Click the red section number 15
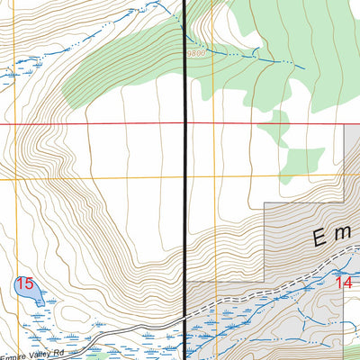24,283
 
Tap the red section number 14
343,282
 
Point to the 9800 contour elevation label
197,54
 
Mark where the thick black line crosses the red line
186,123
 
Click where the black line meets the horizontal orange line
186,178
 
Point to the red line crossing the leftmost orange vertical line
13,123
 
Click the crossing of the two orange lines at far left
13,178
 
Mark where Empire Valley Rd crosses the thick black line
186,321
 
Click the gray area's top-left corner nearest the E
264,208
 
